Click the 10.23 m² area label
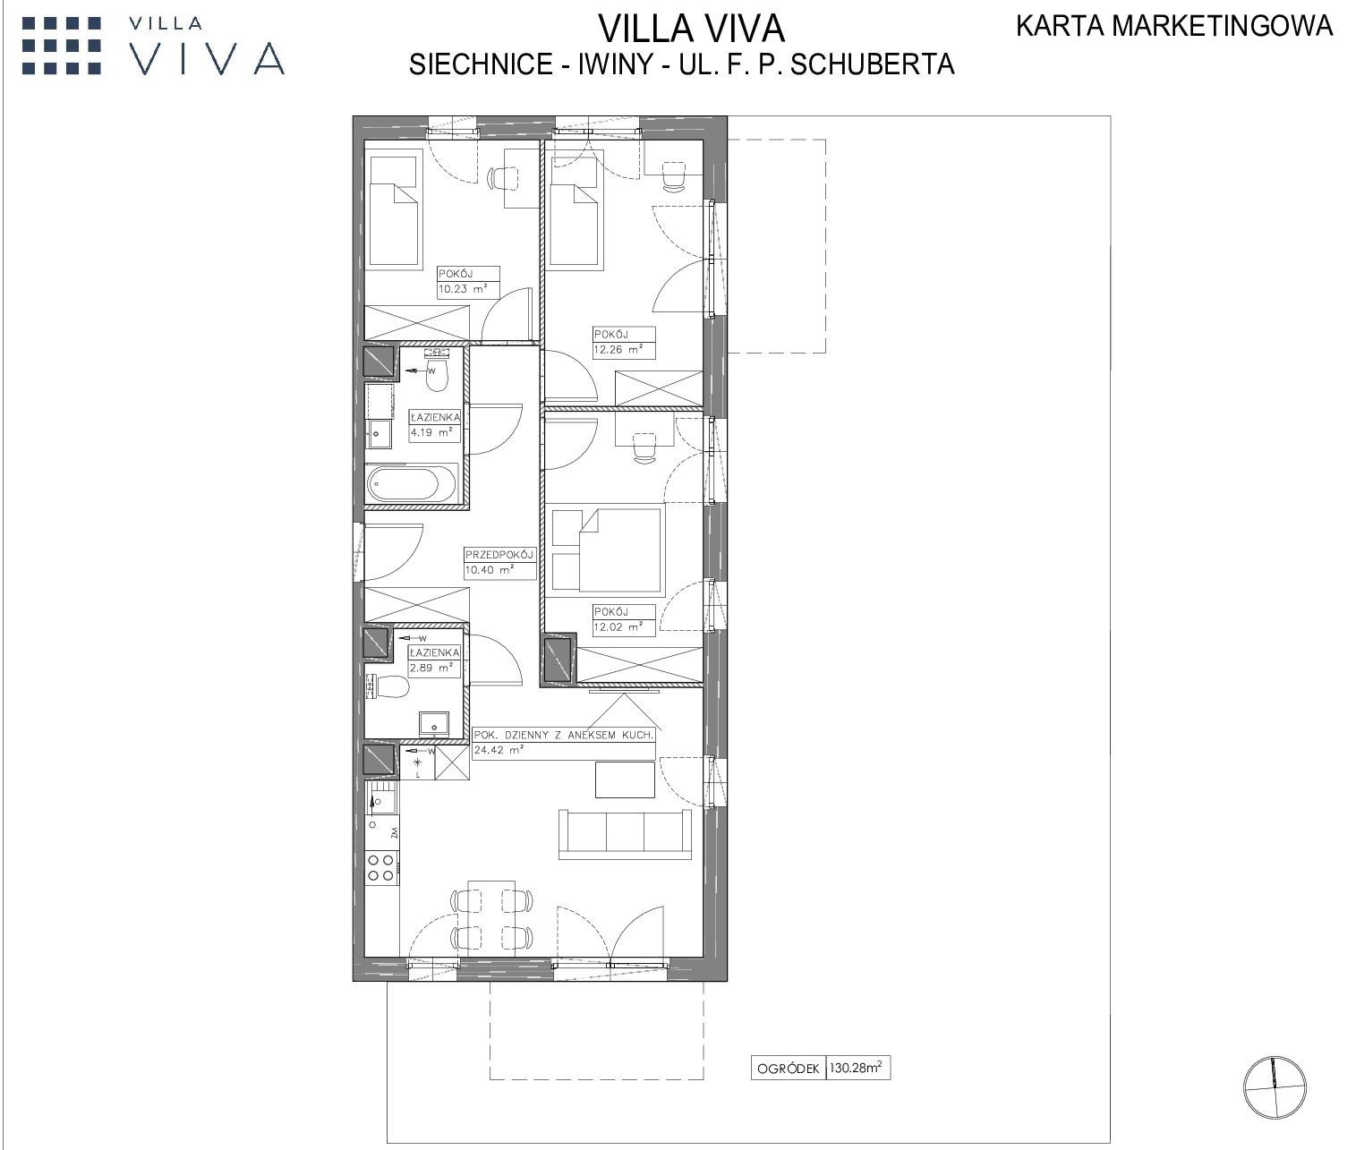point(463,289)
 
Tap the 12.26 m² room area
point(618,350)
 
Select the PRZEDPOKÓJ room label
point(499,555)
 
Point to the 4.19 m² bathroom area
point(431,432)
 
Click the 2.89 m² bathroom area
point(431,668)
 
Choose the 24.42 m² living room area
point(498,750)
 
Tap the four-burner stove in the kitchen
point(382,867)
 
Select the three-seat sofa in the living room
point(625,834)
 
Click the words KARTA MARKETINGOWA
point(1174,26)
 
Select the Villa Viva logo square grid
point(62,46)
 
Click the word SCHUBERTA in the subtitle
point(872,64)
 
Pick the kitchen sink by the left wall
point(382,798)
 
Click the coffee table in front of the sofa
point(625,779)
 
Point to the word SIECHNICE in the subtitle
point(481,64)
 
